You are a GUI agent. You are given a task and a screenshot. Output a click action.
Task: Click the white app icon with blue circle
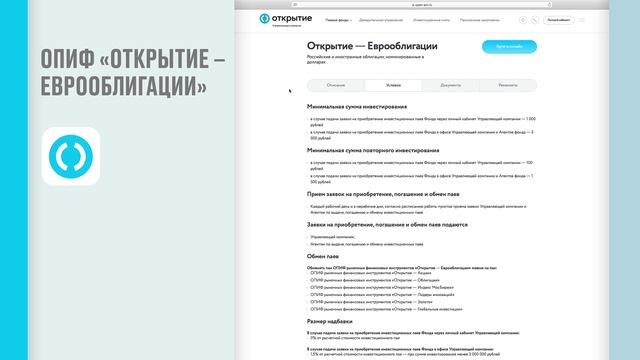68,155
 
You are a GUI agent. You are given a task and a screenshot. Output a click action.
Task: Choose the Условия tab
379,87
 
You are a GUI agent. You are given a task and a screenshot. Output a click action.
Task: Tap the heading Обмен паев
325,256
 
